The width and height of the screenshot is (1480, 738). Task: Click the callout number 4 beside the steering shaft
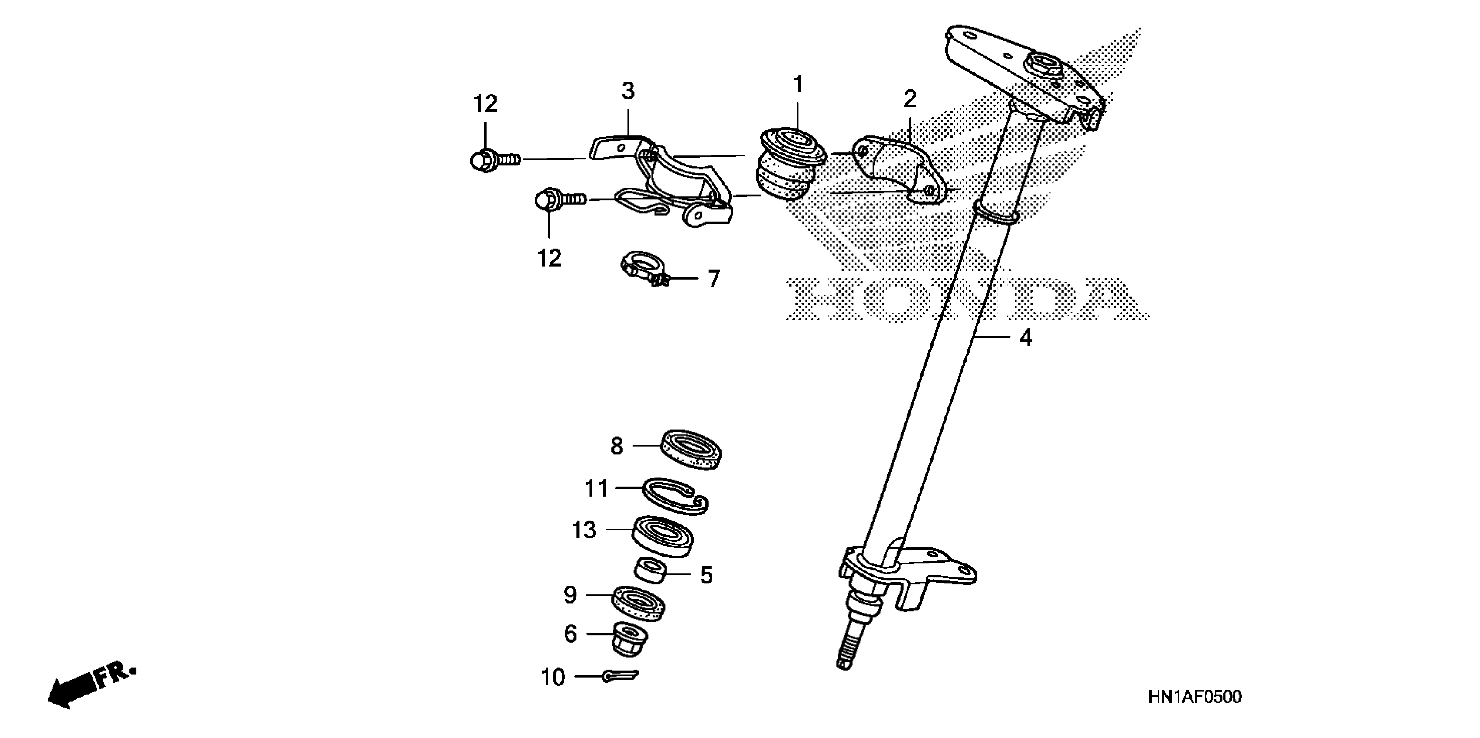pyautogui.click(x=1026, y=338)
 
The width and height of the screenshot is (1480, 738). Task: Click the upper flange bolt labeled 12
pyautogui.click(x=493, y=159)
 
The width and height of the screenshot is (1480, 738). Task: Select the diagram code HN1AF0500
pyautogui.click(x=1195, y=697)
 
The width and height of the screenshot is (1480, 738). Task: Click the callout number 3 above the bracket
pyautogui.click(x=628, y=91)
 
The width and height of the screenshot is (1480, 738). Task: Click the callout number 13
pyautogui.click(x=584, y=530)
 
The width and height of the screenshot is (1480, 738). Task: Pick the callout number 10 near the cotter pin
pyautogui.click(x=553, y=678)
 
